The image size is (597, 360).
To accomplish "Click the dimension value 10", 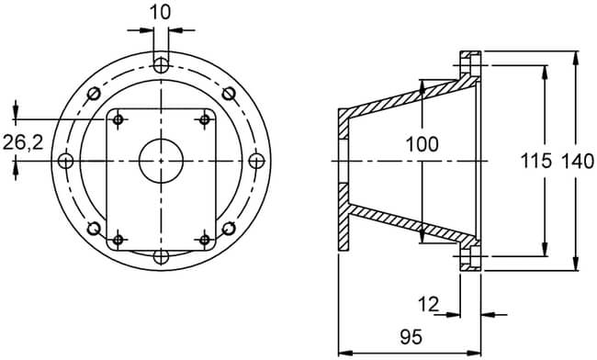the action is (161, 13).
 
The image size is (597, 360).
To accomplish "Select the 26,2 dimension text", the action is (23, 142).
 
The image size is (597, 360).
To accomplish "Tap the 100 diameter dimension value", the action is (422, 144).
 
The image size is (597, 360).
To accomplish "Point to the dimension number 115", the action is (535, 161).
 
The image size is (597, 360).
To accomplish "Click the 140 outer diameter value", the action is (578, 161).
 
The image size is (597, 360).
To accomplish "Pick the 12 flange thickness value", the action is (428, 304).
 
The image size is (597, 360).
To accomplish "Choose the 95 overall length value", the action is (411, 337).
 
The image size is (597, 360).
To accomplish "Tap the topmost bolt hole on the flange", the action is (161, 65).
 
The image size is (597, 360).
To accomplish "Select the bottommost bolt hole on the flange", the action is (161, 256).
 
